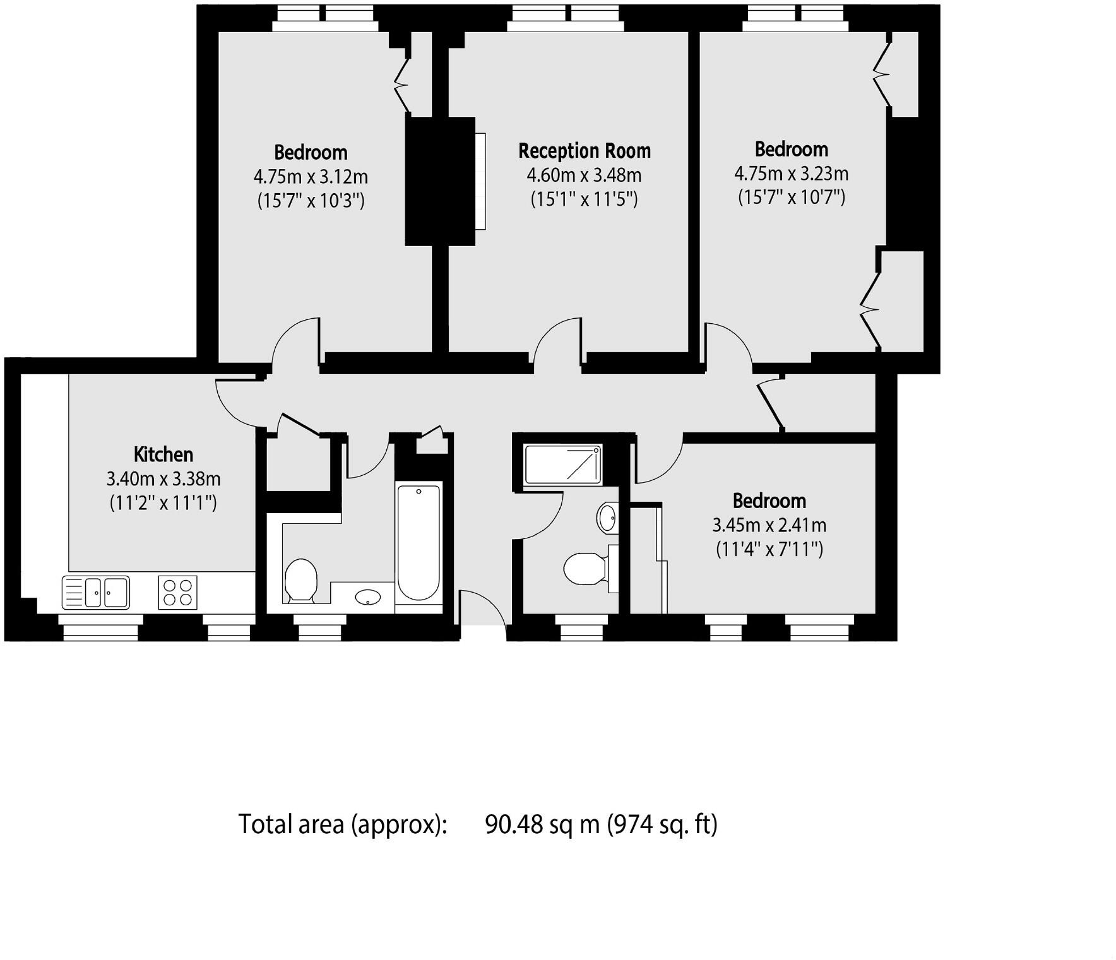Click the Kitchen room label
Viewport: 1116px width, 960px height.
[x=163, y=454]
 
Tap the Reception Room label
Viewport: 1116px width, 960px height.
[x=585, y=151]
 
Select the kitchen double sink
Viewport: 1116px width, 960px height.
[x=96, y=592]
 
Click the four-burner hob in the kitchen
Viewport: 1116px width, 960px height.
[x=177, y=592]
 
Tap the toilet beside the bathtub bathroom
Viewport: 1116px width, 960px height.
[x=300, y=579]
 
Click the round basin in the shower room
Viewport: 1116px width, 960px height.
[x=607, y=518]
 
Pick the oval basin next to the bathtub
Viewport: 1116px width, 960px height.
[x=367, y=596]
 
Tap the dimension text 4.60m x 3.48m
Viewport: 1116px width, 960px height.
[x=585, y=175]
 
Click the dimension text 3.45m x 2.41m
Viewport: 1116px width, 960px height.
[x=769, y=525]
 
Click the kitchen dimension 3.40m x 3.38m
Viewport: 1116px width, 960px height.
[x=163, y=479]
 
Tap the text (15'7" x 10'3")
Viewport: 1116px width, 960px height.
[x=311, y=201]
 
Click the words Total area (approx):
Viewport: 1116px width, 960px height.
[x=343, y=824]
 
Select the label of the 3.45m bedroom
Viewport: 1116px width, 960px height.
[x=769, y=501]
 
